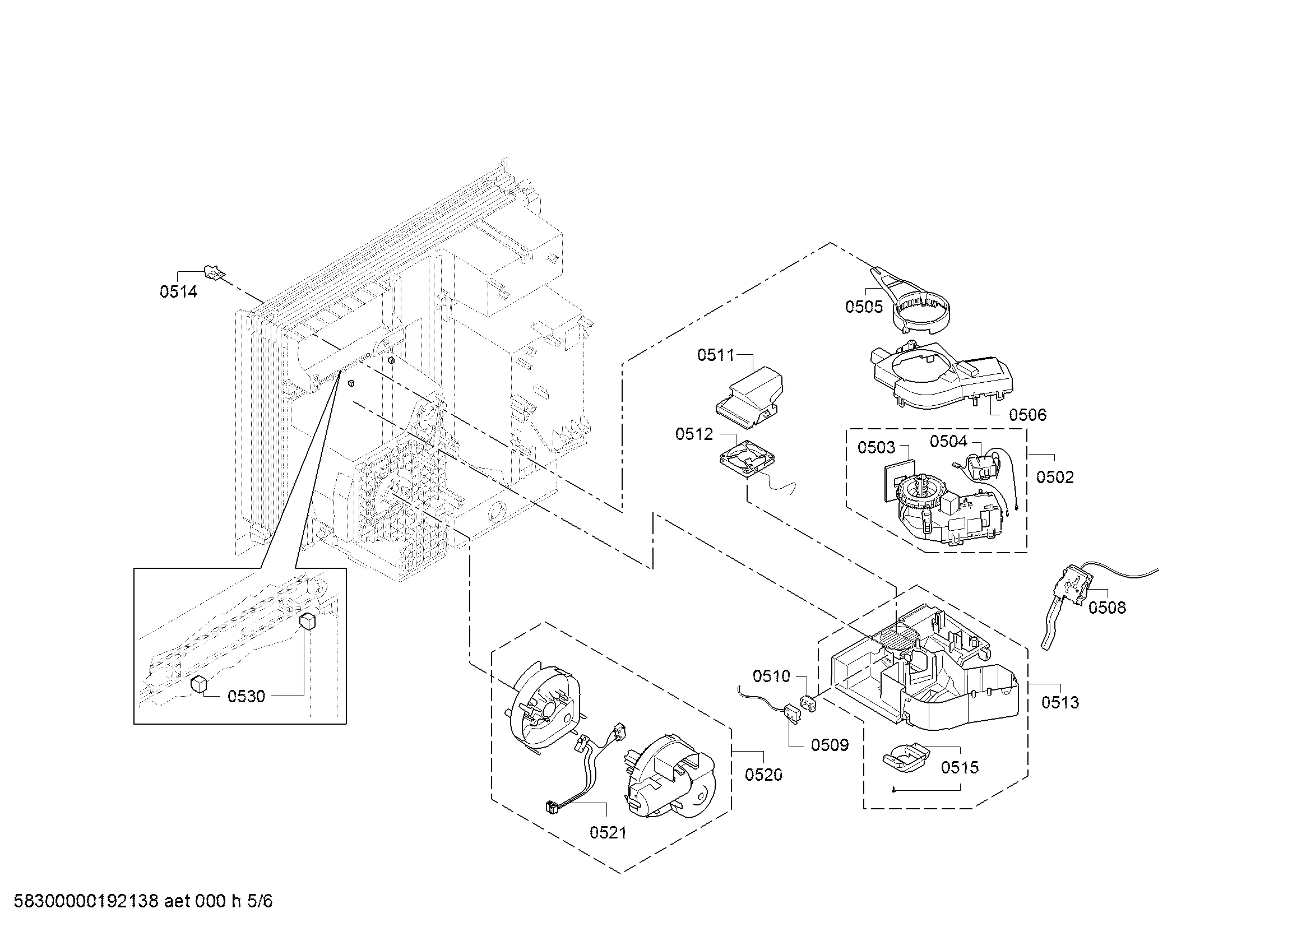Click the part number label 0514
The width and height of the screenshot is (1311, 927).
tap(178, 291)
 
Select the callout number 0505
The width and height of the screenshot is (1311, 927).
tap(864, 307)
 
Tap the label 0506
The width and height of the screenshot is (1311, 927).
tap(1027, 415)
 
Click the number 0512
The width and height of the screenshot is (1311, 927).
tap(694, 434)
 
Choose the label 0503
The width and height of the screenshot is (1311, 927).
tap(876, 447)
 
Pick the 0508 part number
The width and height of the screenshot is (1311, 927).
tap(1106, 608)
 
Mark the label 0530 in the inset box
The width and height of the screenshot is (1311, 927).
tap(246, 696)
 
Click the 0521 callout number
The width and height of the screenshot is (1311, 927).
tap(608, 833)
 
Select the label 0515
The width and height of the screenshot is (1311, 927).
tap(960, 767)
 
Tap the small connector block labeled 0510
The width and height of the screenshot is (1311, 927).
tap(809, 703)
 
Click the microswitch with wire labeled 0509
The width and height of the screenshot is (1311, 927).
tap(791, 713)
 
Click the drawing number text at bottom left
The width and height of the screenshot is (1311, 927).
tap(143, 901)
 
